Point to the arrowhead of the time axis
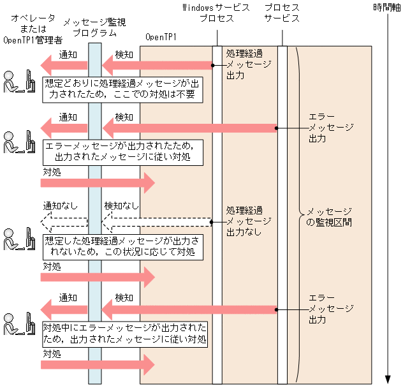(x=388, y=379)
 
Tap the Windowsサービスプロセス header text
(x=216, y=13)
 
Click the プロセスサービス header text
(x=283, y=13)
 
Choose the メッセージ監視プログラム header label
(x=94, y=27)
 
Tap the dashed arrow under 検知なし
(x=156, y=222)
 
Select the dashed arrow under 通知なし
(x=64, y=222)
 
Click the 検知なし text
(x=121, y=206)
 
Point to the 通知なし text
(x=61, y=206)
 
